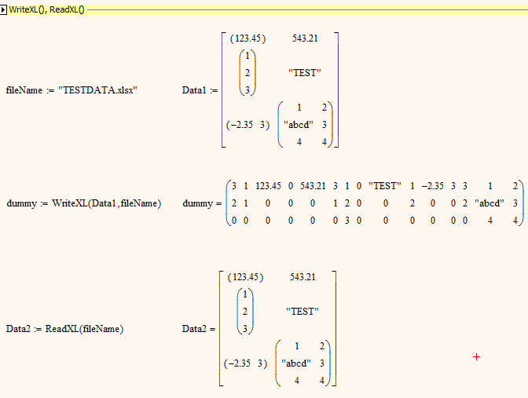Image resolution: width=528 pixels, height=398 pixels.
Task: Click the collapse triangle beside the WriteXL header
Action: coord(3,9)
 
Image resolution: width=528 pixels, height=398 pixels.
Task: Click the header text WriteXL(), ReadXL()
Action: coord(46,9)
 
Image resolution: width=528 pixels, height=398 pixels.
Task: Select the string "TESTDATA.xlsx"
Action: coord(97,90)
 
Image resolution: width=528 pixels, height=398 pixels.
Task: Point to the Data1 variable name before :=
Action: coord(194,90)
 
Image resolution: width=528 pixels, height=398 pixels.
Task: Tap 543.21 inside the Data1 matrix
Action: coord(305,38)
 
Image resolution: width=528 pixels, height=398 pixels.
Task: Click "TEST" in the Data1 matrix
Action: coord(304,73)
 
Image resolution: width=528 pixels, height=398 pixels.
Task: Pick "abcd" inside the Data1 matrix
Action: coord(299,125)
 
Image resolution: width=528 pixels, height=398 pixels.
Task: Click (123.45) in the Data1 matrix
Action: coord(247,38)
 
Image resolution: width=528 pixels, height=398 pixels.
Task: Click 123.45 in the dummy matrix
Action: coord(268,186)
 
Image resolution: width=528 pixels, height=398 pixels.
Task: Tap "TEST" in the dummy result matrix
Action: coord(385,186)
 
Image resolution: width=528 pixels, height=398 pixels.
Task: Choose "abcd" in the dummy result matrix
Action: coord(489,203)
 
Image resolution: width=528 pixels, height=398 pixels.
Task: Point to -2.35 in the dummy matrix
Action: coord(433,186)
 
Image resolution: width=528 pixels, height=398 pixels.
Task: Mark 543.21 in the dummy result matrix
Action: coord(313,186)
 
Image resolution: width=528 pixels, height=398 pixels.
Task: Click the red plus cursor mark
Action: coord(476,357)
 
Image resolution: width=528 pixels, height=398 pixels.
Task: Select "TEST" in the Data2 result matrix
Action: coord(302,311)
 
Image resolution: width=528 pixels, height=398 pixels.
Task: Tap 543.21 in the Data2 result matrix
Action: coord(302,277)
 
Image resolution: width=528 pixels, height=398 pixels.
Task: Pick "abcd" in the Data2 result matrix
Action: coord(296,363)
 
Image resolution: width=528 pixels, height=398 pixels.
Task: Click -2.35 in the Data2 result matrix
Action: coord(239,363)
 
